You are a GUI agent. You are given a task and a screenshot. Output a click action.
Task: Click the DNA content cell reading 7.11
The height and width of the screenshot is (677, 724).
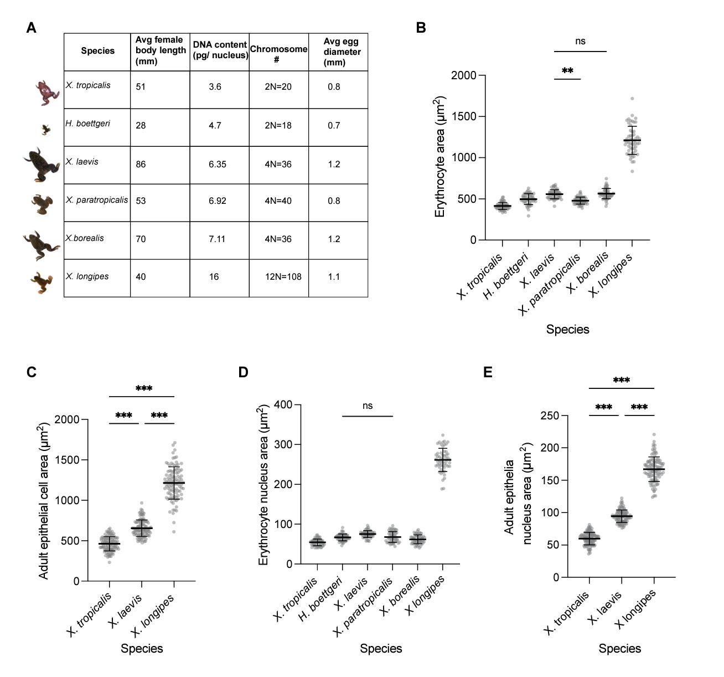coord(216,239)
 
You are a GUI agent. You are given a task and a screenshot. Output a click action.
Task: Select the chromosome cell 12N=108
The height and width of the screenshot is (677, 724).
coord(283,276)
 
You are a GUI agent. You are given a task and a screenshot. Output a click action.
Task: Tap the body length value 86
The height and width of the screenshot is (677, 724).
coord(141,164)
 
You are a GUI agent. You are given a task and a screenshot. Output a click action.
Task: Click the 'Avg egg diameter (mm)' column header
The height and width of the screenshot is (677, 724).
coord(342,52)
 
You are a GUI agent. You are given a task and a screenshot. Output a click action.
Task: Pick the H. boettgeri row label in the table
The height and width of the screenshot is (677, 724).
coord(87,124)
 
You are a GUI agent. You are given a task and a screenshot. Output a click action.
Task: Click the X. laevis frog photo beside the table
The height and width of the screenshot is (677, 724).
coord(41,165)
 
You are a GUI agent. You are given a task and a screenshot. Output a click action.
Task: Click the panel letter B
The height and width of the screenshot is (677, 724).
coord(421,28)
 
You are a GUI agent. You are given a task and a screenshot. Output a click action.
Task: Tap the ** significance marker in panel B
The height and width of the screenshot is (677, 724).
coord(567,71)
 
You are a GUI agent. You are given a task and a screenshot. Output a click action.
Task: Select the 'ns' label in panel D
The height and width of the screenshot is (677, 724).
coord(368,406)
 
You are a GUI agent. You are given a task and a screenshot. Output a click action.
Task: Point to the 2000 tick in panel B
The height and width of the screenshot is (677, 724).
coord(463,75)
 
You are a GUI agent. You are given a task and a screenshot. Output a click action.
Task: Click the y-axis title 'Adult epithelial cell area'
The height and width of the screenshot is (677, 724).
coord(44,501)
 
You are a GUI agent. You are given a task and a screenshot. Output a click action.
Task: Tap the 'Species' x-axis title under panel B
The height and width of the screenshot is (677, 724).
coord(567,329)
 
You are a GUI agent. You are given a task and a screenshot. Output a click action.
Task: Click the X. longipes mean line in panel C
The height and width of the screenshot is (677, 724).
coord(174,483)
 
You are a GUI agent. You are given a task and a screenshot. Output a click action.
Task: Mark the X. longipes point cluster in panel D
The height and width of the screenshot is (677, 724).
coord(443,460)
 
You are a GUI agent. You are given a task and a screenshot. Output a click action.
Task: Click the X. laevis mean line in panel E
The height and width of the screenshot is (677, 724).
coord(622,516)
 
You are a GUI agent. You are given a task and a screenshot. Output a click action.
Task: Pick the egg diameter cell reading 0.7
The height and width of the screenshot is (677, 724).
coord(334,125)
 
